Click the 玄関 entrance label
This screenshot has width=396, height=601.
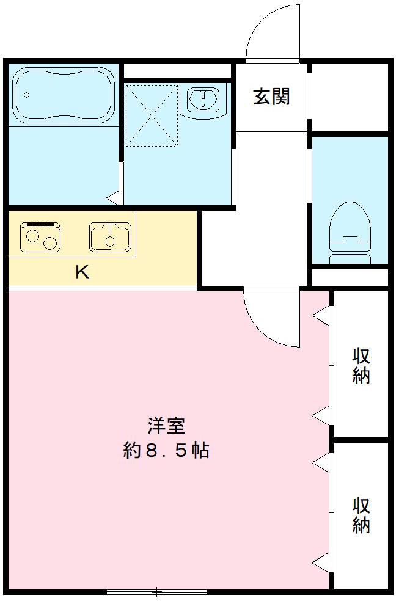pos(271,97)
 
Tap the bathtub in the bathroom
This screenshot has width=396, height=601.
pos(64,95)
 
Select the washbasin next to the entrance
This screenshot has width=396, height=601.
pos(204,100)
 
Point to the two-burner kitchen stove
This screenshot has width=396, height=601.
pos(40,236)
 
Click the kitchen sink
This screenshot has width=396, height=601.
pos(110,236)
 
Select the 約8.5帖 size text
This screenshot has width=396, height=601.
pos(166,451)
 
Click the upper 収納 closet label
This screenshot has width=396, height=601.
pos(361,365)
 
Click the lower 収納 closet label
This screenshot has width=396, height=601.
pos(361,515)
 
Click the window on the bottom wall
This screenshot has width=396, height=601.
pos(156,591)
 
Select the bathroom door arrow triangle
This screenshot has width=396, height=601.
pos(112,198)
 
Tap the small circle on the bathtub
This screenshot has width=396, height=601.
pos(27,95)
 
